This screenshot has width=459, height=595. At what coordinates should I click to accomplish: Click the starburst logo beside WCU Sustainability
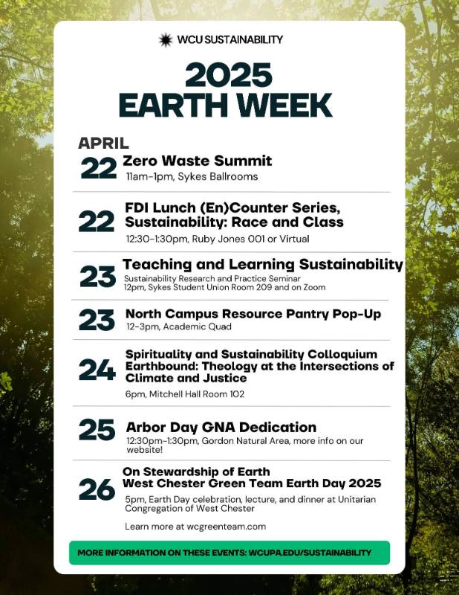[x=166, y=40]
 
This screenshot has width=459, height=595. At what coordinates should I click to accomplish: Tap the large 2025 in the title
[x=229, y=76]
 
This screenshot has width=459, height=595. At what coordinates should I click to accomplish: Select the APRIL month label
[x=103, y=143]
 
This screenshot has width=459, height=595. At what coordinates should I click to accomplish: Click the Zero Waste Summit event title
[x=198, y=161]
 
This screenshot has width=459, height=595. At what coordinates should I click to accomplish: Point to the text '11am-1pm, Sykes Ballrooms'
[x=192, y=176]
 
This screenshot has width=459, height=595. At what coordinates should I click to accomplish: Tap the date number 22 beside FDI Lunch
[x=97, y=221]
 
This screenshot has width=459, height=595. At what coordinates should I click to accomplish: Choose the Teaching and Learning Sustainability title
[x=263, y=265]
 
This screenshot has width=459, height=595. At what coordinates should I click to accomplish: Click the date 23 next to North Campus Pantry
[x=97, y=320]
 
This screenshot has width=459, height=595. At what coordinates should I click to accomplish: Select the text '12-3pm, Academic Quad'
[x=179, y=327]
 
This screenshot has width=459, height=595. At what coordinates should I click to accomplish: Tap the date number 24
[x=97, y=370]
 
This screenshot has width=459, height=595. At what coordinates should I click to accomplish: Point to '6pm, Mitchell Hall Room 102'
[x=185, y=394]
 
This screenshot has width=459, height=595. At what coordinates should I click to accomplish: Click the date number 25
[x=97, y=430]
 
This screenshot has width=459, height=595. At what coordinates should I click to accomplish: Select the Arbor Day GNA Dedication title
[x=221, y=427]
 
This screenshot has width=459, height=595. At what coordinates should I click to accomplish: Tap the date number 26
[x=97, y=489]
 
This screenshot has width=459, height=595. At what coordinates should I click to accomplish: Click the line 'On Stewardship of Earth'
[x=196, y=472]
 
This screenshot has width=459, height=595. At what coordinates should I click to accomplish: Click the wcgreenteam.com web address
[x=227, y=527]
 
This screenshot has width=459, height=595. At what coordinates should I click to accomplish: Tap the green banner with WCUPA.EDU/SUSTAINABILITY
[x=229, y=553]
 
